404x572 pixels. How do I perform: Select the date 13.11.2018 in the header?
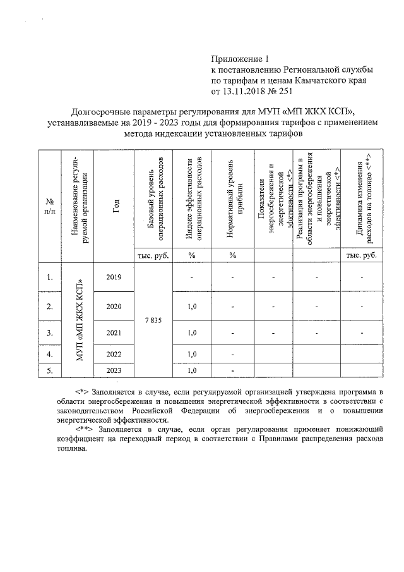244,91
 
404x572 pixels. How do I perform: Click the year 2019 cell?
114,277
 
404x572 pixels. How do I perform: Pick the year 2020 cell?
114,307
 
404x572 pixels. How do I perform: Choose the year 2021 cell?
114,332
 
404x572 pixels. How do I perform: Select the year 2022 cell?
114,354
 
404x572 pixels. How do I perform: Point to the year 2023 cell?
114,370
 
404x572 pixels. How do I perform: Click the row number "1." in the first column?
49,277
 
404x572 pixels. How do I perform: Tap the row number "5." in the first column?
49,370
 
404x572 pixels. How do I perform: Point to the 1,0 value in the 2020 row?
193,307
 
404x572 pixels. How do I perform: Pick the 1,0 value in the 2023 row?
193,370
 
